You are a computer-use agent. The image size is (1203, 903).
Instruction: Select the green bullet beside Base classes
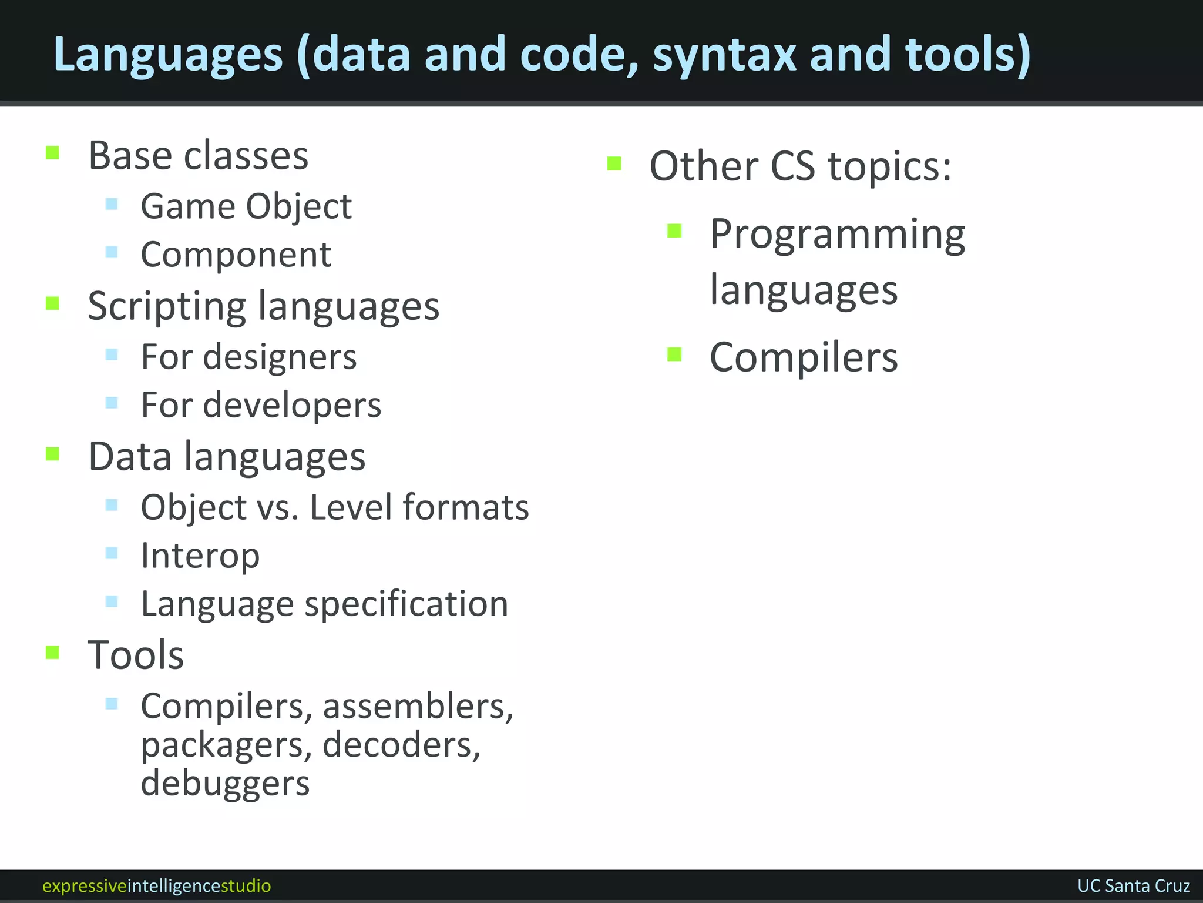(x=53, y=153)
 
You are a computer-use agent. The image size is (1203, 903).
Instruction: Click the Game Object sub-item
(x=246, y=206)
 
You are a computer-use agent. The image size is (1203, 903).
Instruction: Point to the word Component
(x=236, y=255)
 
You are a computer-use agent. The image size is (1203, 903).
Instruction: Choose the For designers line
(x=248, y=357)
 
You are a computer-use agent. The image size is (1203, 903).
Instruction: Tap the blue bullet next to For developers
(x=112, y=403)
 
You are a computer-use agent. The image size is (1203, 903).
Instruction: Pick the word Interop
(x=200, y=556)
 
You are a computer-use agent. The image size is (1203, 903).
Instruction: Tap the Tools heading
(x=136, y=655)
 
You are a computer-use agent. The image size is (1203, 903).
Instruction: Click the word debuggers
(x=225, y=784)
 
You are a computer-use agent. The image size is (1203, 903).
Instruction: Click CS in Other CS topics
(x=792, y=166)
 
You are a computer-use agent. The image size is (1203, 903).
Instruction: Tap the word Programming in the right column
(x=837, y=234)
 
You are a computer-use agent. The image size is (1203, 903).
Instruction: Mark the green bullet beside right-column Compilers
(x=674, y=354)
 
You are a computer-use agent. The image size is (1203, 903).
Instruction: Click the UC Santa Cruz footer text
(x=1133, y=886)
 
